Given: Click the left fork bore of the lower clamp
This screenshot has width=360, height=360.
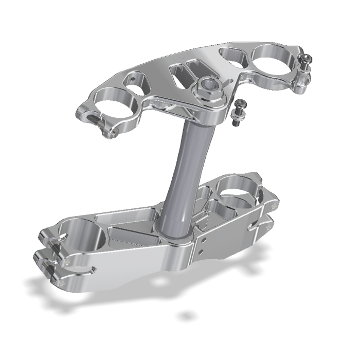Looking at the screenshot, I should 82,234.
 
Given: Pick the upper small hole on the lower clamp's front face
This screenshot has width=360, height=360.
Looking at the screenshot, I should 206,240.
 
